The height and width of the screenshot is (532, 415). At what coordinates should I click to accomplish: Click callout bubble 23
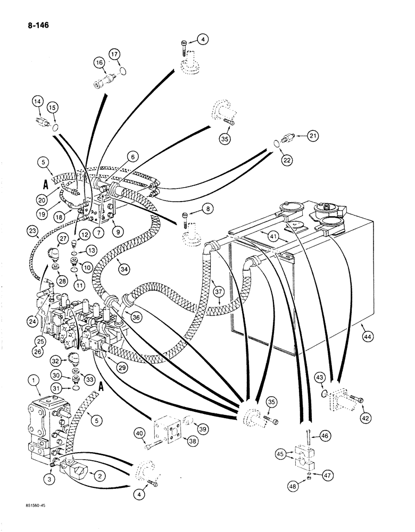[x=31, y=232]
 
